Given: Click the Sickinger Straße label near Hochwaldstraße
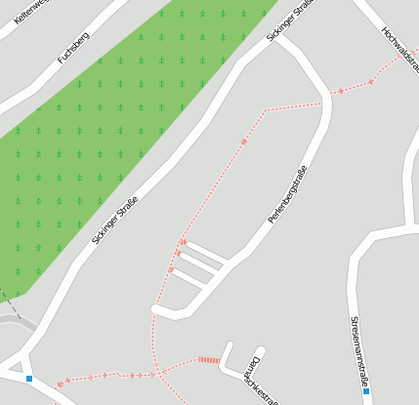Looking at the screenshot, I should (290, 20).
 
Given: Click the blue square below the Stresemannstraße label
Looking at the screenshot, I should (366, 391).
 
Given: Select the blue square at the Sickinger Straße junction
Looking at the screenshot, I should (29, 379).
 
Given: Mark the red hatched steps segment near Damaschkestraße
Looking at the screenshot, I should (209, 360).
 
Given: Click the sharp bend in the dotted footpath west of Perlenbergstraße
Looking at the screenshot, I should (265, 111).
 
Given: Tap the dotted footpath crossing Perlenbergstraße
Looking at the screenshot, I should (324, 101).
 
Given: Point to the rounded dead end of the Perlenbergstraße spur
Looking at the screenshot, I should (156, 309).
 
